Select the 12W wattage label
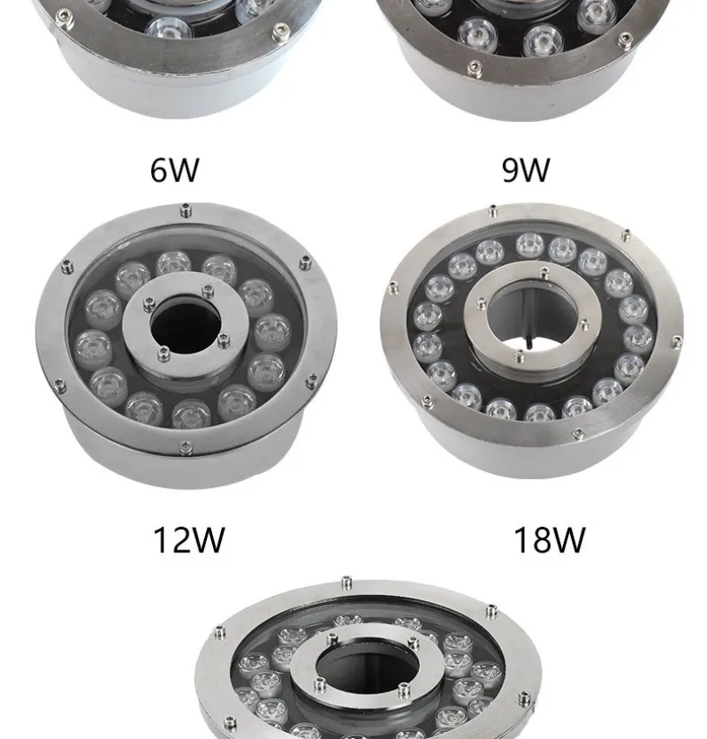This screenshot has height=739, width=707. click(188, 538)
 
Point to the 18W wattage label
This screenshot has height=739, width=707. click(549, 538)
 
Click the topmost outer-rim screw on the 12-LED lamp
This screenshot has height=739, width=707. click(185, 210)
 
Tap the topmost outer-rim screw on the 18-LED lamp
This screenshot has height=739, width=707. click(492, 210)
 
